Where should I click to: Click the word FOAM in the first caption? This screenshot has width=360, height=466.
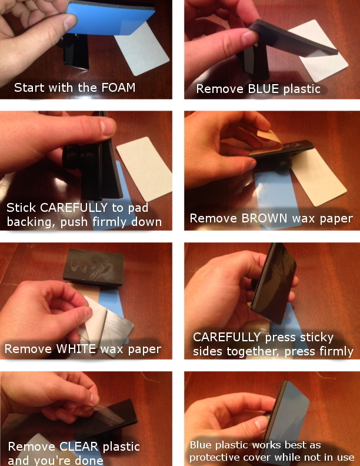coord(118,87)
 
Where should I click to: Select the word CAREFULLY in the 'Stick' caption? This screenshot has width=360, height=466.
coord(74,208)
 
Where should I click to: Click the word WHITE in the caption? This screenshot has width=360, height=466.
coord(76,348)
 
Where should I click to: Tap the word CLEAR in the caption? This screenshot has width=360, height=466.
coord(79,447)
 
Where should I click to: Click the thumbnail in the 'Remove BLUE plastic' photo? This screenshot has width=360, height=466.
coord(249,38)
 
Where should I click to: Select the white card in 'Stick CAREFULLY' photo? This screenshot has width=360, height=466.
coord(145,168)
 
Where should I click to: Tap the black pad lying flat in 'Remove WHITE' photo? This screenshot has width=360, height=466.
coord(94,268)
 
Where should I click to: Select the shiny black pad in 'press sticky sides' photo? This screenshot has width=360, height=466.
coord(274,284)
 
